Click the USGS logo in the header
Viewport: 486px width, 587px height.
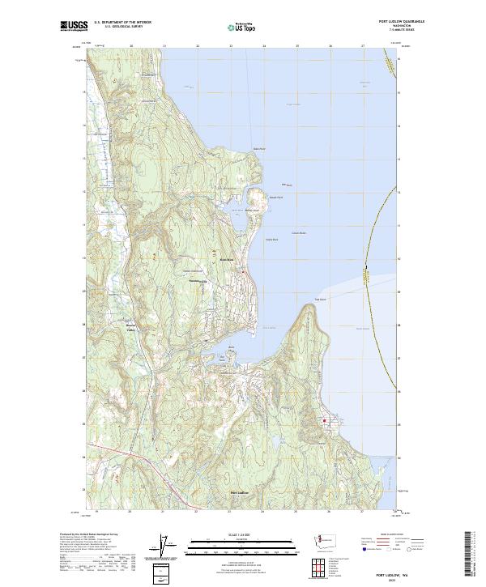tap(74, 27)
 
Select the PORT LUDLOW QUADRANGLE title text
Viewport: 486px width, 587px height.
tap(400, 21)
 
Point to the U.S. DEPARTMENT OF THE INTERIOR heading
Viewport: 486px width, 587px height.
tap(122, 23)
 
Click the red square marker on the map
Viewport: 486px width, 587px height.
tap(326, 421)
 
